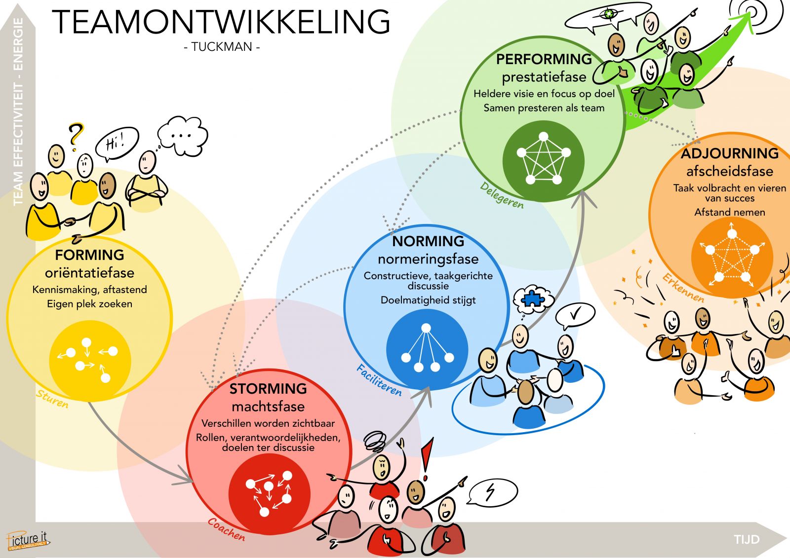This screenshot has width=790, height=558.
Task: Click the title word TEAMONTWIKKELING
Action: tap(221, 22)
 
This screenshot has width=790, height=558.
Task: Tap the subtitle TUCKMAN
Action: tap(221, 47)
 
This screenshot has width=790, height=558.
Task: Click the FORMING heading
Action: tap(89, 255)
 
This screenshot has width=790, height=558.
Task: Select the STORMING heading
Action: tap(268, 389)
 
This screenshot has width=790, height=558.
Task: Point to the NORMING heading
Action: tap(428, 241)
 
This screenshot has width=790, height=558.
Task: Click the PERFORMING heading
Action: tap(544, 59)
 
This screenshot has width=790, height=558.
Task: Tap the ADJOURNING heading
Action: tap(730, 153)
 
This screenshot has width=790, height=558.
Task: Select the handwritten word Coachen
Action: tap(226, 529)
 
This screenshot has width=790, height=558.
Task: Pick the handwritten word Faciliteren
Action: tap(379, 380)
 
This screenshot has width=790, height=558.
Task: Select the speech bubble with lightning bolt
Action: tap(492, 492)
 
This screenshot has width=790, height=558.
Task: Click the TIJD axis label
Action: tap(746, 539)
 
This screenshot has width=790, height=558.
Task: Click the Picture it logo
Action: tap(28, 540)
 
